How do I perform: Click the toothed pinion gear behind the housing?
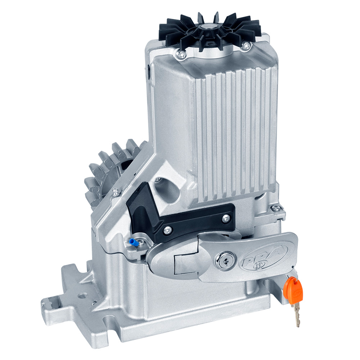pos(104,169)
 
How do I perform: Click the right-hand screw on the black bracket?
pos(225,217)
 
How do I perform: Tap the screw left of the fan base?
pos(182,54)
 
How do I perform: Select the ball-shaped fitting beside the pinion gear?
pos(115,192)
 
